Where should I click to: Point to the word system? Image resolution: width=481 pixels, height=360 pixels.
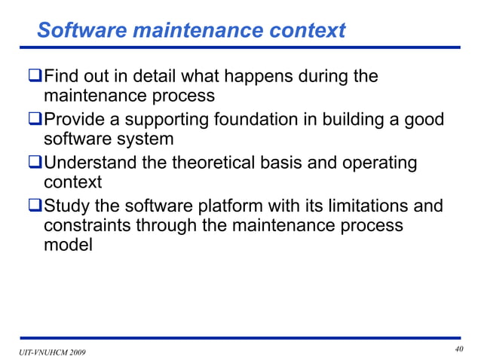pyautogui.click(x=146, y=140)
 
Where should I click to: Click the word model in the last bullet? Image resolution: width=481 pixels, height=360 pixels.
pyautogui.click(x=68, y=245)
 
